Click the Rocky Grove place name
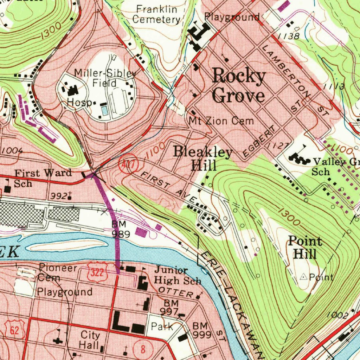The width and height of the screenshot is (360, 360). (x=239, y=86)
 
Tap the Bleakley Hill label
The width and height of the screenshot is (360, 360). (x=203, y=159)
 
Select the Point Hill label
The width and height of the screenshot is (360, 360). (x=305, y=247)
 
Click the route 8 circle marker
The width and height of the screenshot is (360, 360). (x=143, y=349)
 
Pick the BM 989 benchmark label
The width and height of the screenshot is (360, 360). (x=121, y=229)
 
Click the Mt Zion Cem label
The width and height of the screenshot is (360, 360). (x=221, y=121)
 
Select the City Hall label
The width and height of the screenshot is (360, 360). (x=90, y=340)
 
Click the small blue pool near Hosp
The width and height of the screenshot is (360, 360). (x=105, y=111)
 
